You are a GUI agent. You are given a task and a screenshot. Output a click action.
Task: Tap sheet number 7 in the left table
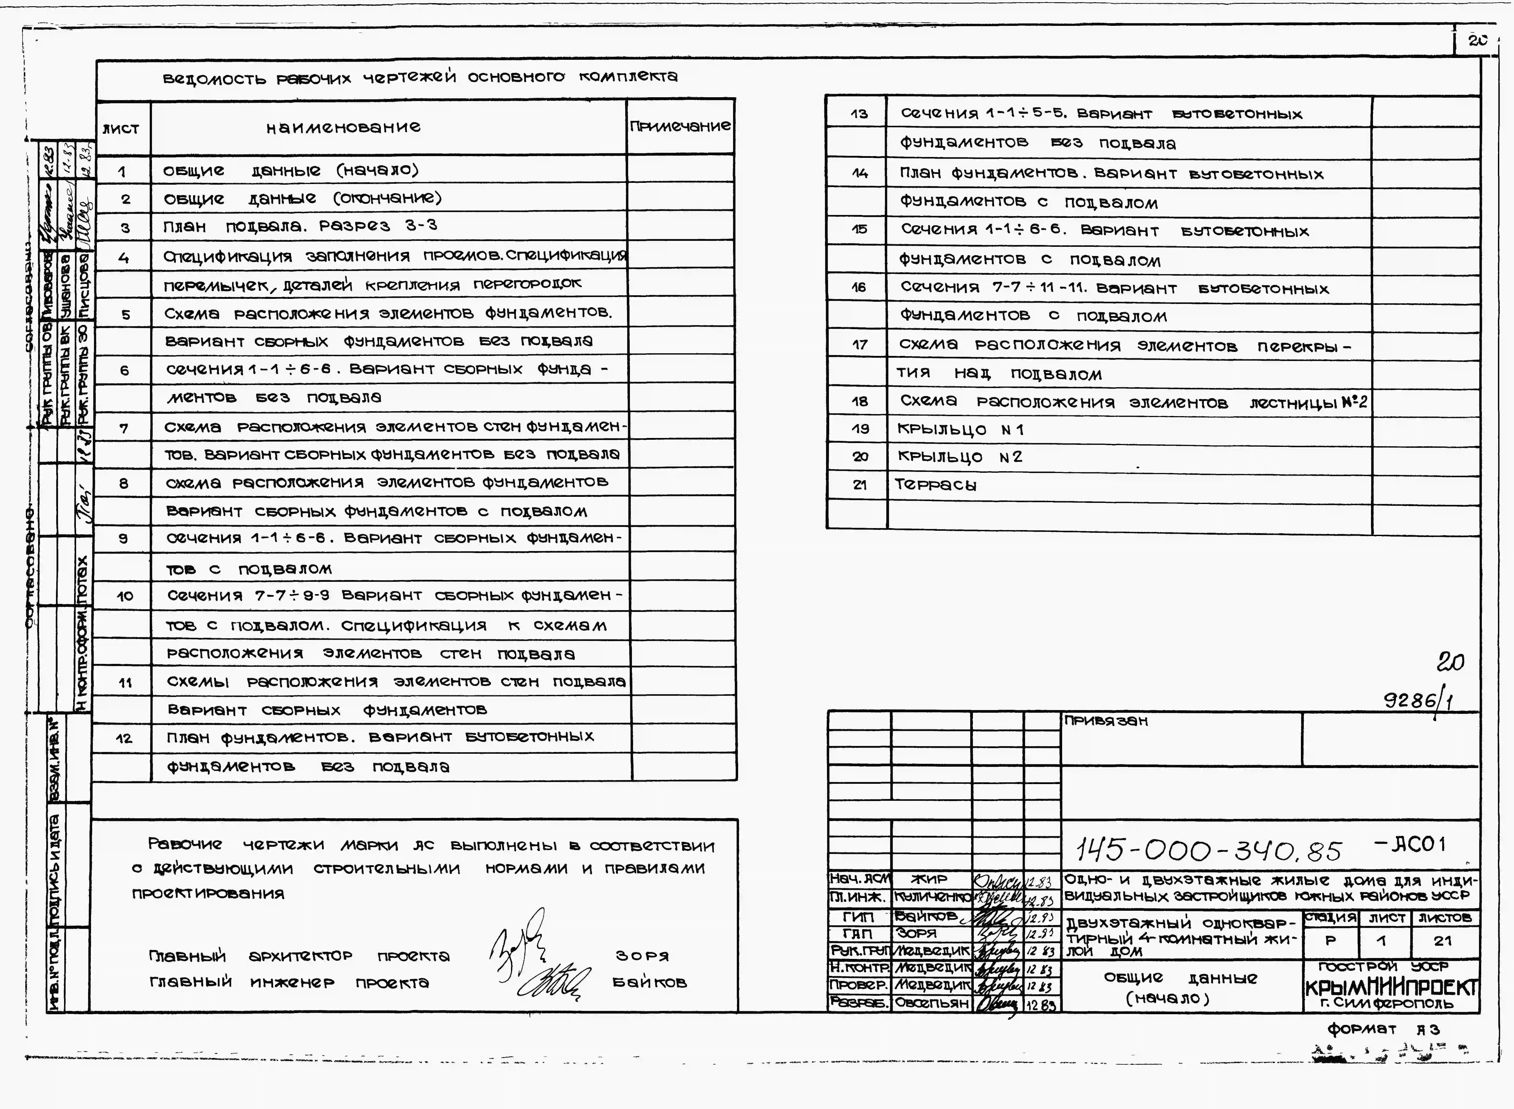click(124, 428)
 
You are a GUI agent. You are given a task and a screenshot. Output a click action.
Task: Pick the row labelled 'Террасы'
click(936, 485)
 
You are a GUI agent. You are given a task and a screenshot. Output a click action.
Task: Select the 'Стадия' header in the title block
click(1330, 917)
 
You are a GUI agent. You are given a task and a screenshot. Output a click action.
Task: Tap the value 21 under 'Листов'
click(1442, 940)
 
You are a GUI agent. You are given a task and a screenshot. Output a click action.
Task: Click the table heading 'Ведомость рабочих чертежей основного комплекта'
click(420, 78)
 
